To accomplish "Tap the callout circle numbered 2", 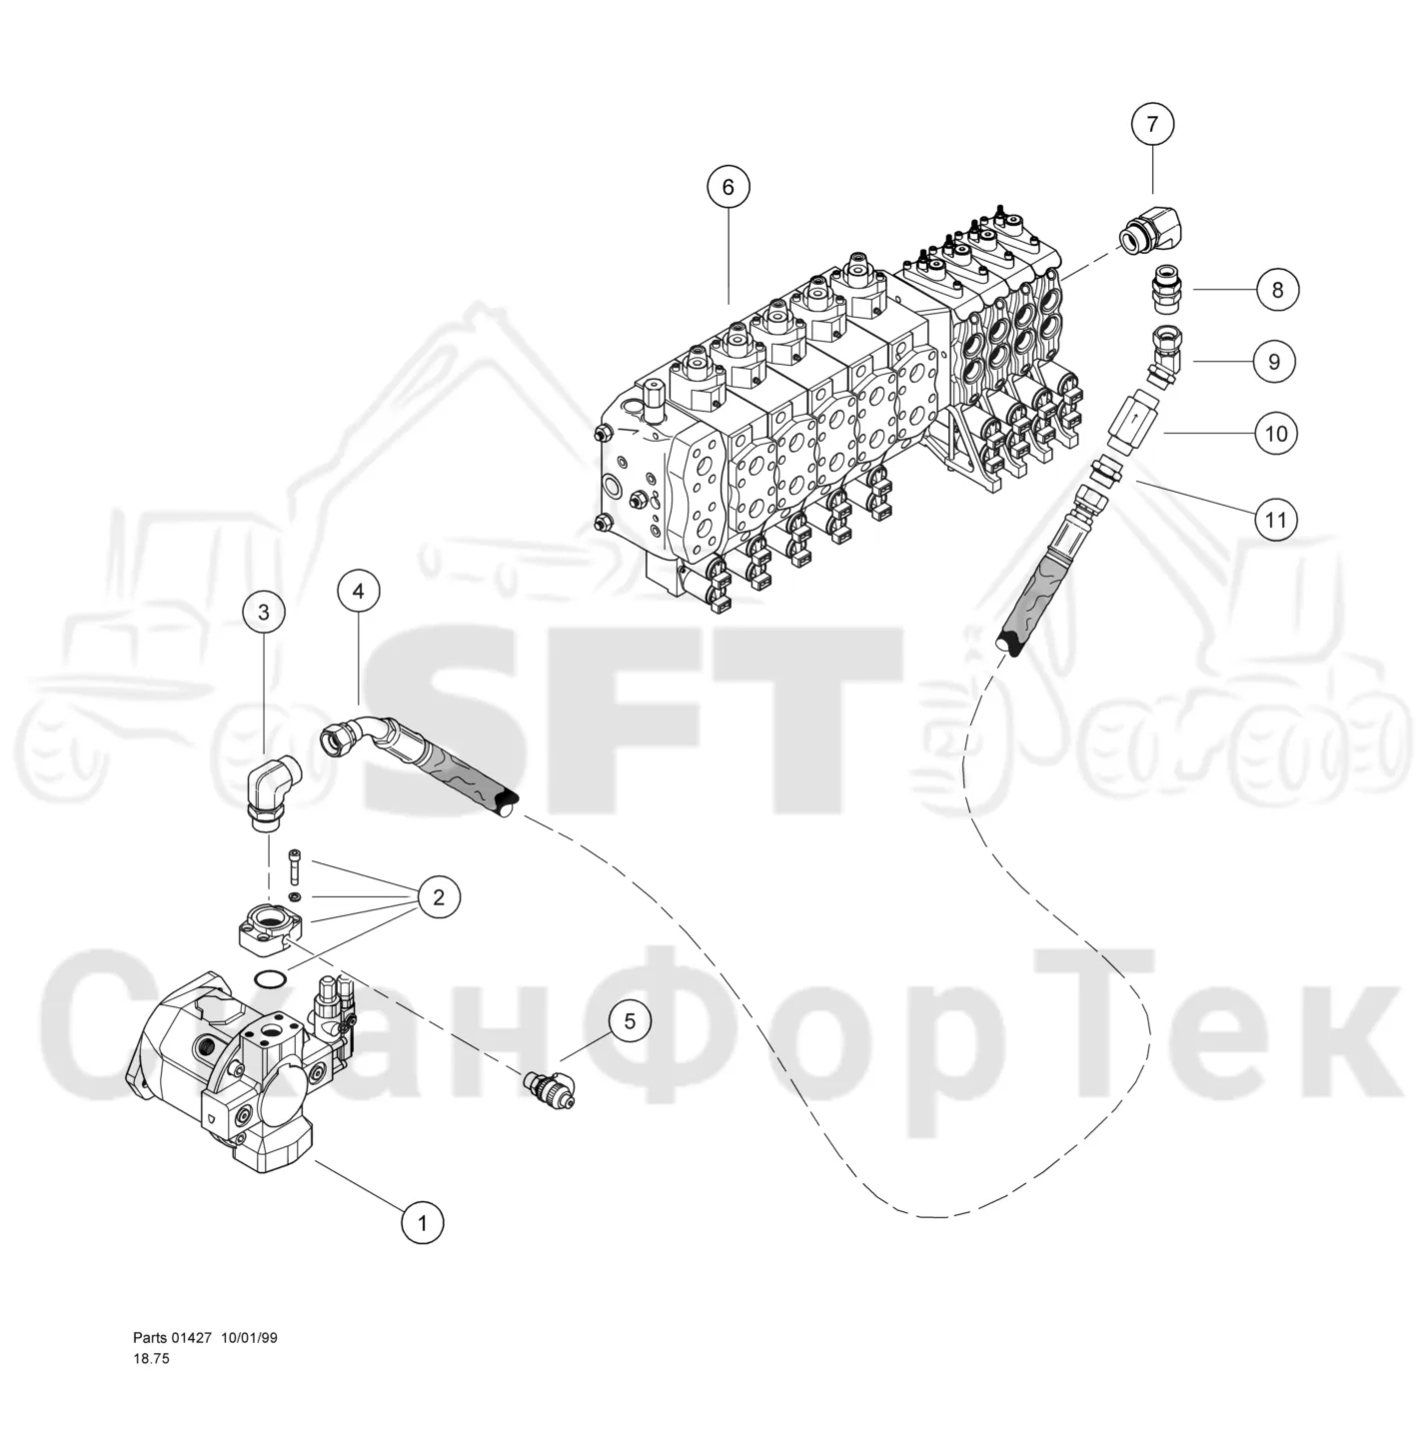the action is [x=439, y=896].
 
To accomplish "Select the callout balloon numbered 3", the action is [x=264, y=613].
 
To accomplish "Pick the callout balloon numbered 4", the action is [x=358, y=592].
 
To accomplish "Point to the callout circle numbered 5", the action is [x=630, y=1020].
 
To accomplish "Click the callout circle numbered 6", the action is [x=728, y=186].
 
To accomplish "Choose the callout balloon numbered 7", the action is [x=1152, y=123].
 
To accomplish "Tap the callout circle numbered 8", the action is [x=1277, y=290].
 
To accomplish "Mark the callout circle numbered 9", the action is [x=1274, y=362].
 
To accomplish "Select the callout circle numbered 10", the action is [x=1276, y=434].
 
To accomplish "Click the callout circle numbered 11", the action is [x=1276, y=520].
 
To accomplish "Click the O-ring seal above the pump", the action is [x=270, y=980].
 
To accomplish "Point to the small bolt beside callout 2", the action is [x=295, y=866].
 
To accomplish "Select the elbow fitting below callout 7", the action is [x=1151, y=231].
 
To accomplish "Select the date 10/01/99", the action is [x=249, y=1337].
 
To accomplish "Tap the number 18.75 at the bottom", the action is [x=152, y=1358].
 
